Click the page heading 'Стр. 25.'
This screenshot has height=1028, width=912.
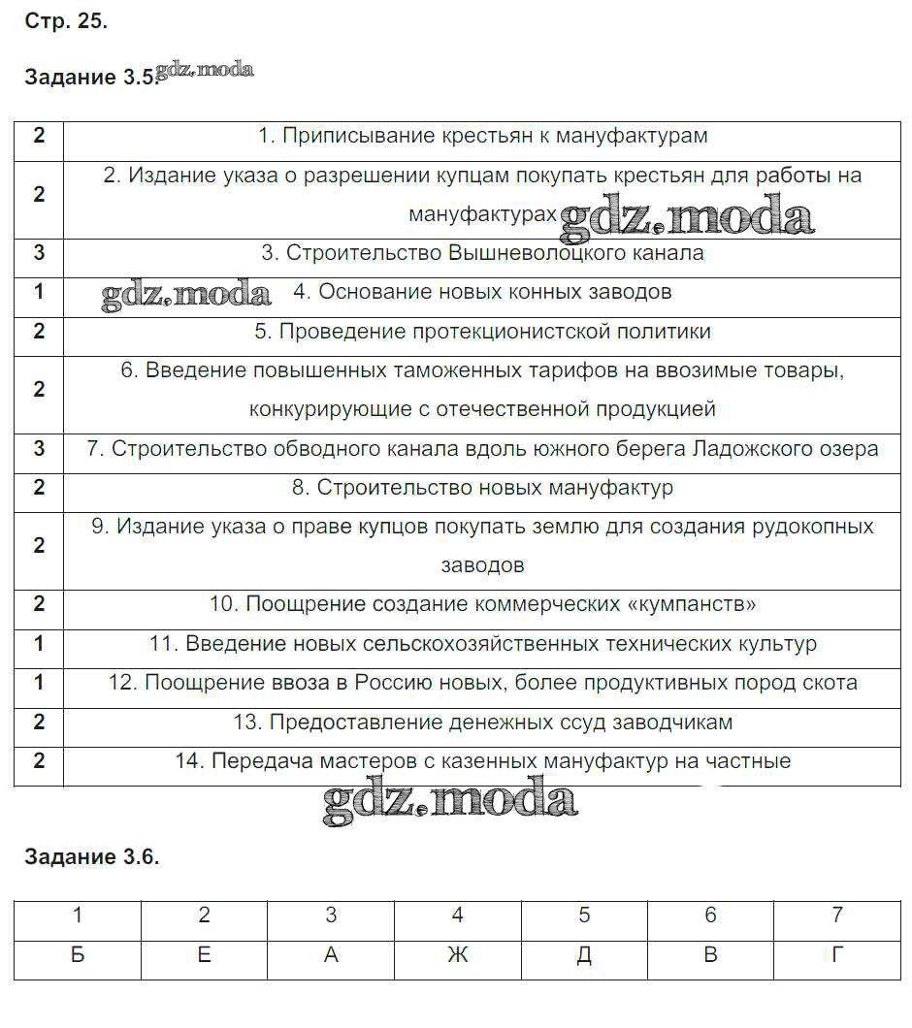[65, 22]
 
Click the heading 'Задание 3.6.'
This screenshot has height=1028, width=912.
[91, 856]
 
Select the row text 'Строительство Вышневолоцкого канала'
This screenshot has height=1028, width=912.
[482, 253]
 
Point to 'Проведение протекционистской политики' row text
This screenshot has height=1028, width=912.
[482, 332]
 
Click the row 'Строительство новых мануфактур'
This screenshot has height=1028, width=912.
[482, 488]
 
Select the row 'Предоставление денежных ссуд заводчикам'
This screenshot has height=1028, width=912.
[482, 723]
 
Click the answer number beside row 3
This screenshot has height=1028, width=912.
[39, 253]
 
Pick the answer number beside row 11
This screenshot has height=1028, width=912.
[39, 643]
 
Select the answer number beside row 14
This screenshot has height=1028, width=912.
[39, 761]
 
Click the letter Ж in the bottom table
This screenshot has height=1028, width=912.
[457, 955]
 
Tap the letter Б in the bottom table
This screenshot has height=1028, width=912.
[78, 955]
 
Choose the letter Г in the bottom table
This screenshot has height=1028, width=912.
[836, 955]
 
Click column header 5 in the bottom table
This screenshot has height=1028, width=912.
[584, 915]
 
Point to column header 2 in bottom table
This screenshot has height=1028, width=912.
[204, 915]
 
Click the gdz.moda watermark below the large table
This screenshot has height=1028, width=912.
[449, 801]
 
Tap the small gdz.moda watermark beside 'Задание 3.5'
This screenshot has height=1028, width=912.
[205, 70]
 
